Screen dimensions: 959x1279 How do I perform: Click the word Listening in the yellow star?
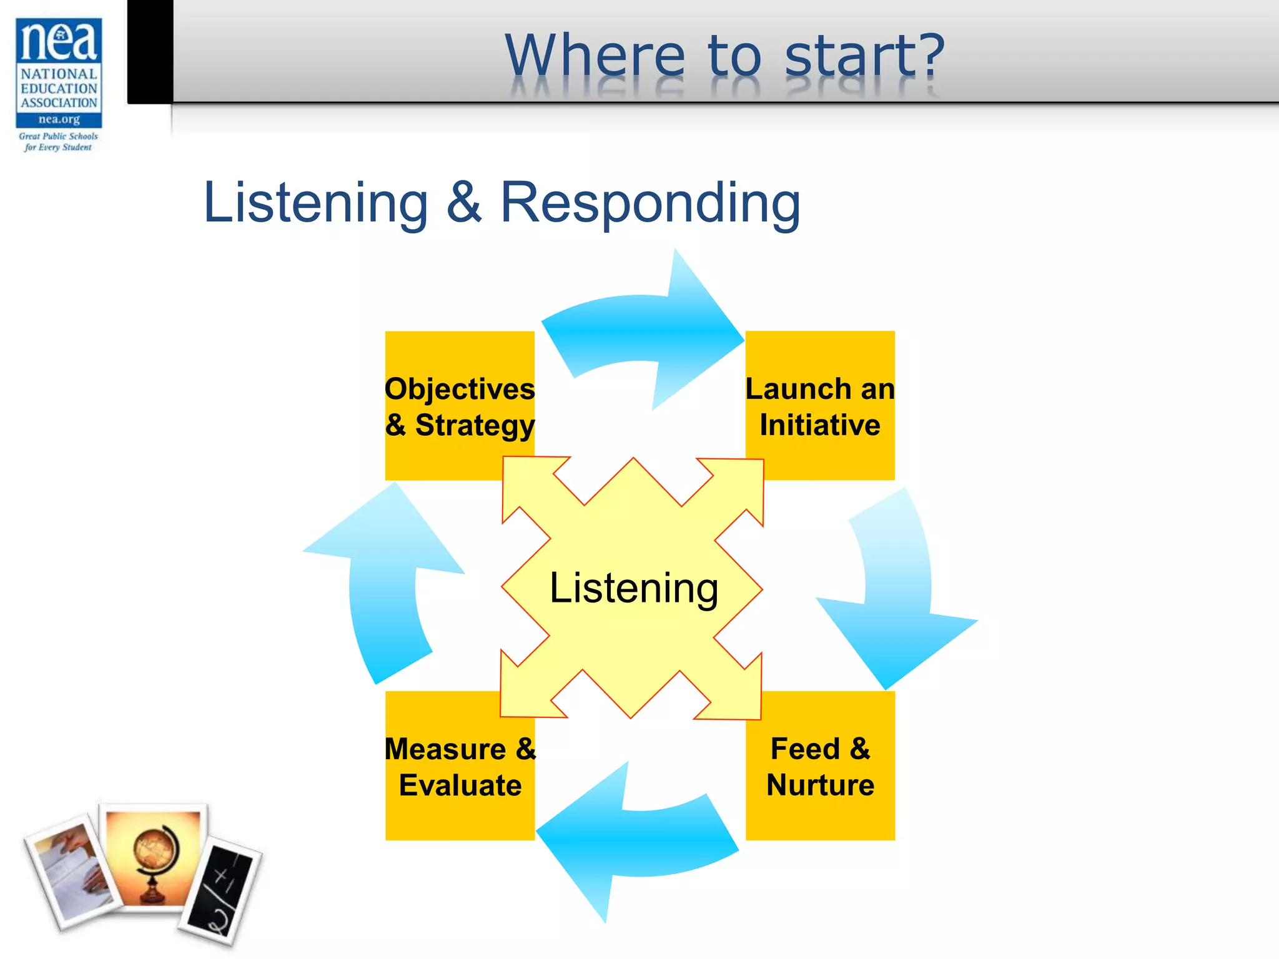(633, 588)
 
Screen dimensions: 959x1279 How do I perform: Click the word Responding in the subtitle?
(649, 202)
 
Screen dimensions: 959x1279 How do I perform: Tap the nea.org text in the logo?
(59, 119)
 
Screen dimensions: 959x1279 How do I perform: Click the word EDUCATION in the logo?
(59, 89)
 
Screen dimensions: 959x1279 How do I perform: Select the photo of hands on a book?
(72, 871)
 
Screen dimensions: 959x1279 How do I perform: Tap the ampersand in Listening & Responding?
(464, 202)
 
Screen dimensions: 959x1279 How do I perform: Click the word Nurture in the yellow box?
(819, 785)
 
